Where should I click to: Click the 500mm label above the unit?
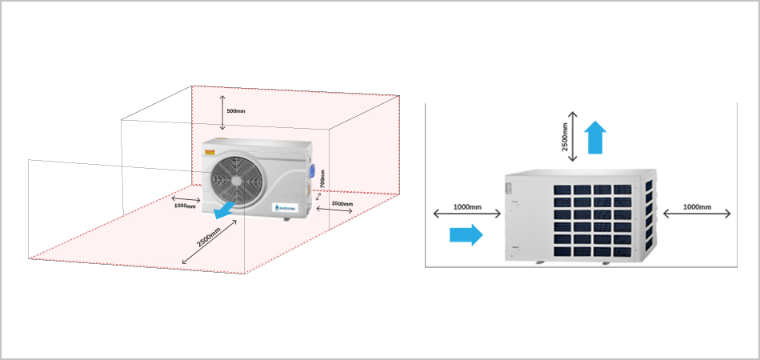(x=235, y=110)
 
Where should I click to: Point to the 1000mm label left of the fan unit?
(x=185, y=206)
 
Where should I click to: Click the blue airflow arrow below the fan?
(x=225, y=210)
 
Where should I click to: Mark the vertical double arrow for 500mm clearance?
(x=222, y=110)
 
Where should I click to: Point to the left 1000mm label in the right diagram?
(x=468, y=206)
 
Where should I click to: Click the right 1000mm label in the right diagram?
(x=697, y=206)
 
